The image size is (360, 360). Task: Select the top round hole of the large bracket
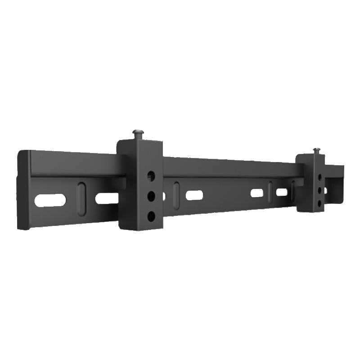pyautogui.click(x=151, y=175)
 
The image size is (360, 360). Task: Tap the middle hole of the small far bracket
pyautogui.click(x=320, y=191)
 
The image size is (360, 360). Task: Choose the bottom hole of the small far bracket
pyautogui.click(x=320, y=202)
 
